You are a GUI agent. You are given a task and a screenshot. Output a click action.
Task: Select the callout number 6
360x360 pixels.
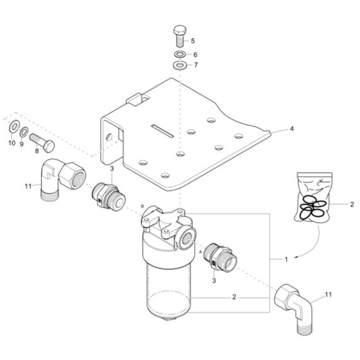point(195,55)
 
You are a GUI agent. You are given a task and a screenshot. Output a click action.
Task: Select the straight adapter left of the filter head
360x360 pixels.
point(104,194)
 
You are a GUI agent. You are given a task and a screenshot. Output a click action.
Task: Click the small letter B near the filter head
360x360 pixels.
point(142,205)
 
